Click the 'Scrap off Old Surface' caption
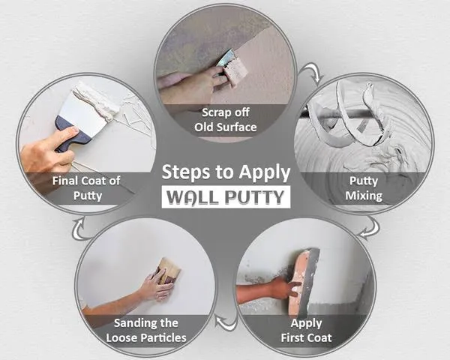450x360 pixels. (224, 119)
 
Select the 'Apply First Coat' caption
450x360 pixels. (305, 331)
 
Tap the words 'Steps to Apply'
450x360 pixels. (226, 172)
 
